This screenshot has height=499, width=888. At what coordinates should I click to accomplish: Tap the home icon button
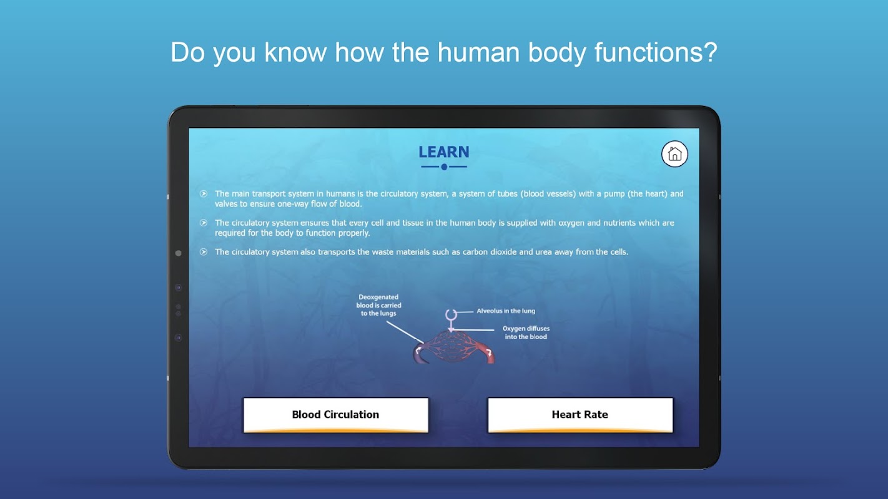pyautogui.click(x=674, y=153)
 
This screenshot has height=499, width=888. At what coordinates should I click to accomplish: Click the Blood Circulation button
pyautogui.click(x=335, y=415)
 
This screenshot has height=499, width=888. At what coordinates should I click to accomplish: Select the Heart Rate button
pyautogui.click(x=580, y=415)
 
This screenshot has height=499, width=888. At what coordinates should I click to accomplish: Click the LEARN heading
pyautogui.click(x=444, y=152)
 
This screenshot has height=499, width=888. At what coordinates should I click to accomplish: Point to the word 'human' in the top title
pyautogui.click(x=478, y=52)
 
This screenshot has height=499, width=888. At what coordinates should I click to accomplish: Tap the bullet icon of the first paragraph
pyautogui.click(x=204, y=193)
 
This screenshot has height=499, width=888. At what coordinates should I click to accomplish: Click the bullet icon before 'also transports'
pyautogui.click(x=204, y=252)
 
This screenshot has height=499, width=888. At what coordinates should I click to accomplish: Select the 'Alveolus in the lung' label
pyautogui.click(x=506, y=311)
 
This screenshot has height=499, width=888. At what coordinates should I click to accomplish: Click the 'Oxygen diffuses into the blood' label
pyautogui.click(x=526, y=332)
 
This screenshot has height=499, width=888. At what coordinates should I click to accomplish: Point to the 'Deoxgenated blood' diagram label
pyautogui.click(x=378, y=305)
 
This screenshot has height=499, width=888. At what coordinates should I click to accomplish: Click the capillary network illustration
pyautogui.click(x=454, y=347)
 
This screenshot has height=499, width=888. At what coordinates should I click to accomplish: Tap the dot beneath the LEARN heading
pyautogui.click(x=444, y=167)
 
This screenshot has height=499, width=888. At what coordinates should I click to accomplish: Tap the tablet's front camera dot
pyautogui.click(x=179, y=253)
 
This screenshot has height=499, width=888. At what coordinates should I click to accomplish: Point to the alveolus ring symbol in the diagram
pyautogui.click(x=451, y=315)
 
